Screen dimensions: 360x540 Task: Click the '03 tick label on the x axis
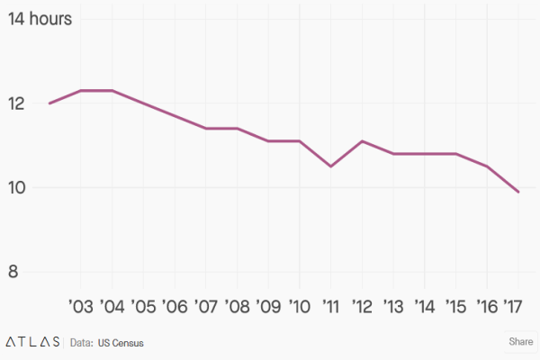tap(80, 306)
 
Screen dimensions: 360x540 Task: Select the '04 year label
tap(112, 306)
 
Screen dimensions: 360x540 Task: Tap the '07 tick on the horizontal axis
tap(206, 306)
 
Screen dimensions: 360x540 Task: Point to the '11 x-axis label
tap(330, 306)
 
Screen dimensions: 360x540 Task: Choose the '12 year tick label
tap(362, 306)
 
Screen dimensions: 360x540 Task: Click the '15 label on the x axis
tap(455, 306)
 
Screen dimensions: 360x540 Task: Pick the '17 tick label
tap(515, 306)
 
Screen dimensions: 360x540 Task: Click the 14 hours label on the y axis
tap(40, 19)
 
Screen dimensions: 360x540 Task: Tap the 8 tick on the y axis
tap(13, 273)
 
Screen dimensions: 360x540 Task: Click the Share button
tap(521, 342)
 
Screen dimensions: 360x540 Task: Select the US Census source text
tap(121, 343)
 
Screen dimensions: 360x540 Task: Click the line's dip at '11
tap(330, 166)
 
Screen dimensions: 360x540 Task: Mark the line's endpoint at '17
tap(518, 192)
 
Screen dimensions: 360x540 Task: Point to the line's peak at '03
tap(81, 91)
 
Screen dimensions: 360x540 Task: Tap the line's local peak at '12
tap(362, 141)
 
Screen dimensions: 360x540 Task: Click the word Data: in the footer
tap(82, 343)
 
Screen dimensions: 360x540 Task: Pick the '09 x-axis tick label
tap(268, 306)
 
